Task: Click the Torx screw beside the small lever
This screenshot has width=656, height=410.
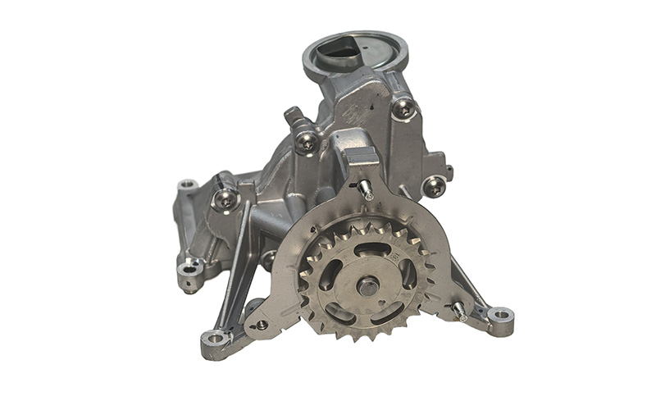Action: click(x=307, y=141)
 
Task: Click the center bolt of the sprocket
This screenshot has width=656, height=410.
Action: click(x=368, y=286)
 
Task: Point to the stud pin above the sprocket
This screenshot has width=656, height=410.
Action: click(x=366, y=189)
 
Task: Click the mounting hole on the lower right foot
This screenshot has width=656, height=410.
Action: click(x=500, y=314)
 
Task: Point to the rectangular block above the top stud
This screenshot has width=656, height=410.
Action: click(x=359, y=157)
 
